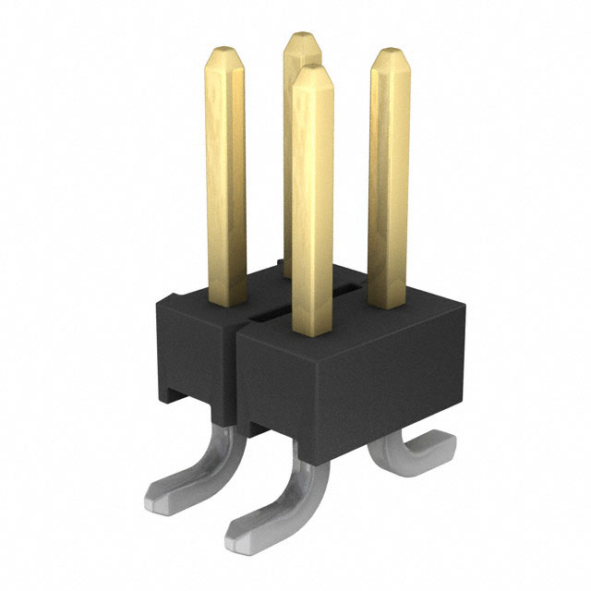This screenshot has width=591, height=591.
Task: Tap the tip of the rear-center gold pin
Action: pyautogui.click(x=301, y=39)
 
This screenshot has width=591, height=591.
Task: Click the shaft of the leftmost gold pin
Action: pyautogui.click(x=224, y=175)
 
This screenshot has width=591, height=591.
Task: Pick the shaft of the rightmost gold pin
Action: pyautogui.click(x=389, y=175)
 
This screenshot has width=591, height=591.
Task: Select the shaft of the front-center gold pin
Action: pyautogui.click(x=311, y=203)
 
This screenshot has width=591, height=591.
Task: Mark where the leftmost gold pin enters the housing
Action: pyautogui.click(x=226, y=301)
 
